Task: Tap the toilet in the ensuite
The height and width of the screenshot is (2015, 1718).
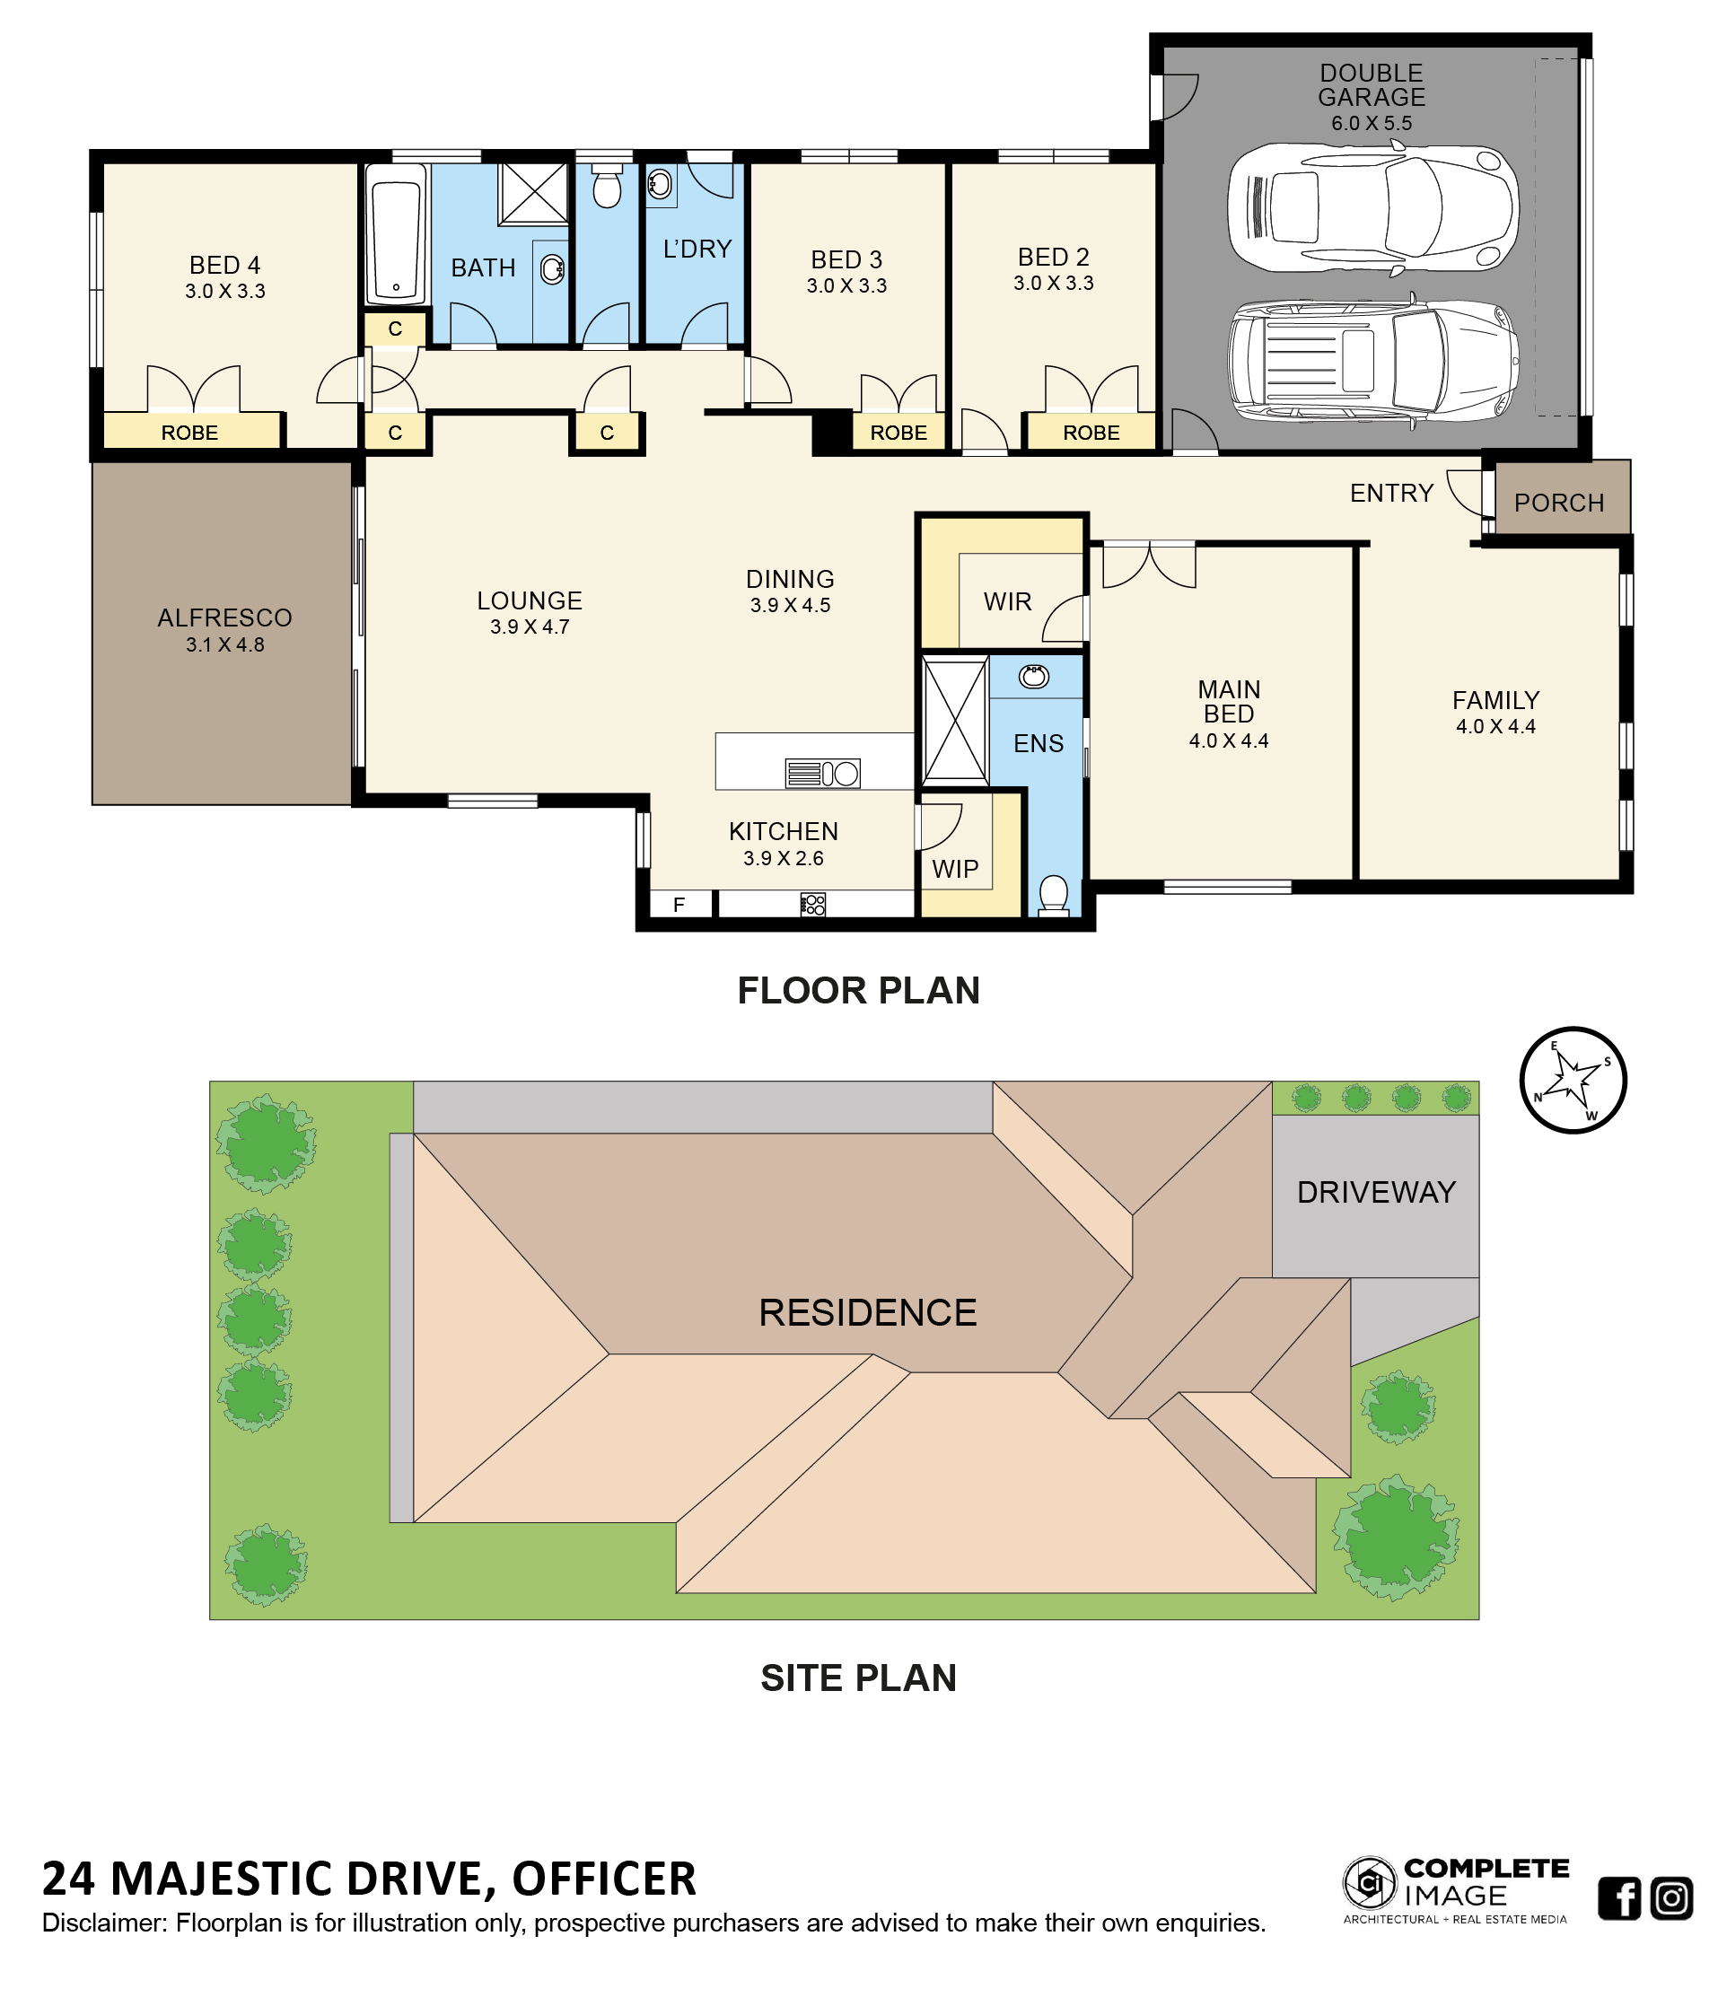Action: pos(1054,896)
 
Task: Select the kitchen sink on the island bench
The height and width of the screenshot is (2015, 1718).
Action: pos(821,773)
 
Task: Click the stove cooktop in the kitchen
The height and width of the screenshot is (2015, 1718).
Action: pos(814,906)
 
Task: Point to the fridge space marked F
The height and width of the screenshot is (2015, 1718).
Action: pos(679,905)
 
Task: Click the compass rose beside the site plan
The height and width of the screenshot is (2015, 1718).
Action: pos(1573,1081)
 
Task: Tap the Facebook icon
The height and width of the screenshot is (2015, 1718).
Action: pos(1619,1898)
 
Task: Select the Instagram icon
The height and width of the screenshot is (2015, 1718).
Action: pos(1671,1898)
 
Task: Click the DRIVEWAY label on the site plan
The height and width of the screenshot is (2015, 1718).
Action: pos(1376,1192)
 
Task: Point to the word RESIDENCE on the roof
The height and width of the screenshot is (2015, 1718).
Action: pos(867,1313)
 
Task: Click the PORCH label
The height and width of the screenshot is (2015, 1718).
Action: pos(1558,503)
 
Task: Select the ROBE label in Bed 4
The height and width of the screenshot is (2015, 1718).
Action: pos(189,433)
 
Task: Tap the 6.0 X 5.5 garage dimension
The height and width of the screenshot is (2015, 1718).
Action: pos(1371,124)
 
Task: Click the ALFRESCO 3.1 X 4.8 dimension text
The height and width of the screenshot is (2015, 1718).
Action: pos(224,644)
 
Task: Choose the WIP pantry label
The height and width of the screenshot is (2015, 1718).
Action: pos(955,870)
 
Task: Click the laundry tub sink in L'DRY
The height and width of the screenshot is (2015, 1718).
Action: pos(660,184)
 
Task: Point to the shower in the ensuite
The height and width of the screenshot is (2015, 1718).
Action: pos(955,721)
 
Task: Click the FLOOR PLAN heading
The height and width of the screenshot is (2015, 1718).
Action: pos(858,991)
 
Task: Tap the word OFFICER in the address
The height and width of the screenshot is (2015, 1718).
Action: pos(604,1879)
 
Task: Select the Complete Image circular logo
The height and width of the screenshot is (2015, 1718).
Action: pos(1369,1883)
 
